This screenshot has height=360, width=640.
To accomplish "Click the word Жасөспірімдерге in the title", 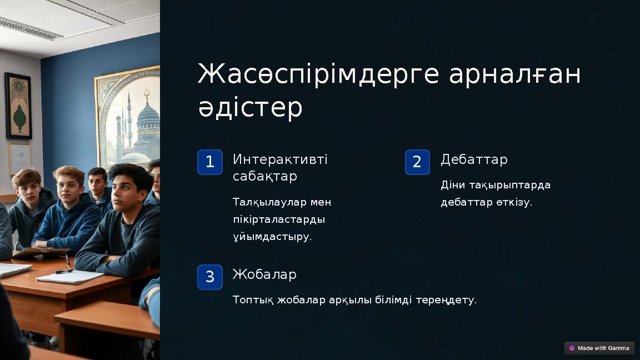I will pos(319,74).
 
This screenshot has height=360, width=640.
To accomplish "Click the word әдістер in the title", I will pos(250,107).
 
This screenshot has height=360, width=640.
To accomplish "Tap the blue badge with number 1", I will pos(209,162).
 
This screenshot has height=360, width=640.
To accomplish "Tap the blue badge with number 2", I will pos(417,162).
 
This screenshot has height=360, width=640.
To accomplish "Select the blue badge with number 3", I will pos(209,277).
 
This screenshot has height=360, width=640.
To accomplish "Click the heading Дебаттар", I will pos(474,160).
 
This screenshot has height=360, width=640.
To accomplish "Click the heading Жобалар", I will pos(264,274).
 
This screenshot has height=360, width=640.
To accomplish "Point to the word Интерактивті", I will pos(280,160).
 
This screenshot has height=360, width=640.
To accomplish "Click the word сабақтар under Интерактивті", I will pos(264,177).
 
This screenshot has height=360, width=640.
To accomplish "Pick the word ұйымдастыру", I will pos(272,237).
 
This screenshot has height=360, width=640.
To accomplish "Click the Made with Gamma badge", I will pos(599,348).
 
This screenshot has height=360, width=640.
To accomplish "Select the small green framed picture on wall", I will pos(18,106).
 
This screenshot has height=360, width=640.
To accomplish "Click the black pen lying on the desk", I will pos(64,271).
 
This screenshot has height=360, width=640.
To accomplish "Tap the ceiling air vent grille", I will pos(31,28).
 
